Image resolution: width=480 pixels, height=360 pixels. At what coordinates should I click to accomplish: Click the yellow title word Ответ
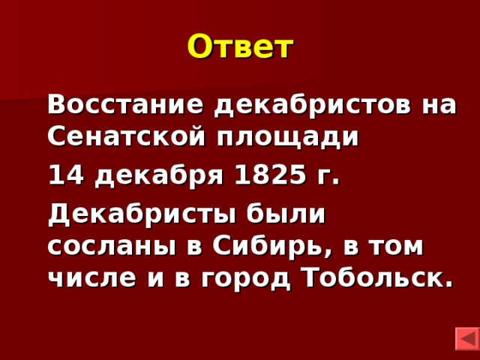click(240, 47)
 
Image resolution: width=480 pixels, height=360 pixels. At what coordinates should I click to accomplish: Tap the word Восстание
click(126, 104)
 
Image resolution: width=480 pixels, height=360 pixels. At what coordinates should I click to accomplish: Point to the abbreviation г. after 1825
click(327, 177)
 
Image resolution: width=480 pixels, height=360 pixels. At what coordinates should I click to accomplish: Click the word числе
click(88, 278)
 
